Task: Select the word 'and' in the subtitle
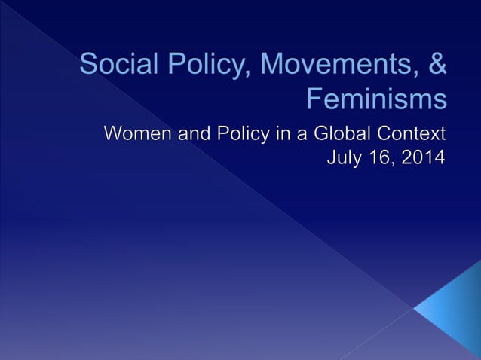tap(190, 136)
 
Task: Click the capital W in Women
tap(113, 136)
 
